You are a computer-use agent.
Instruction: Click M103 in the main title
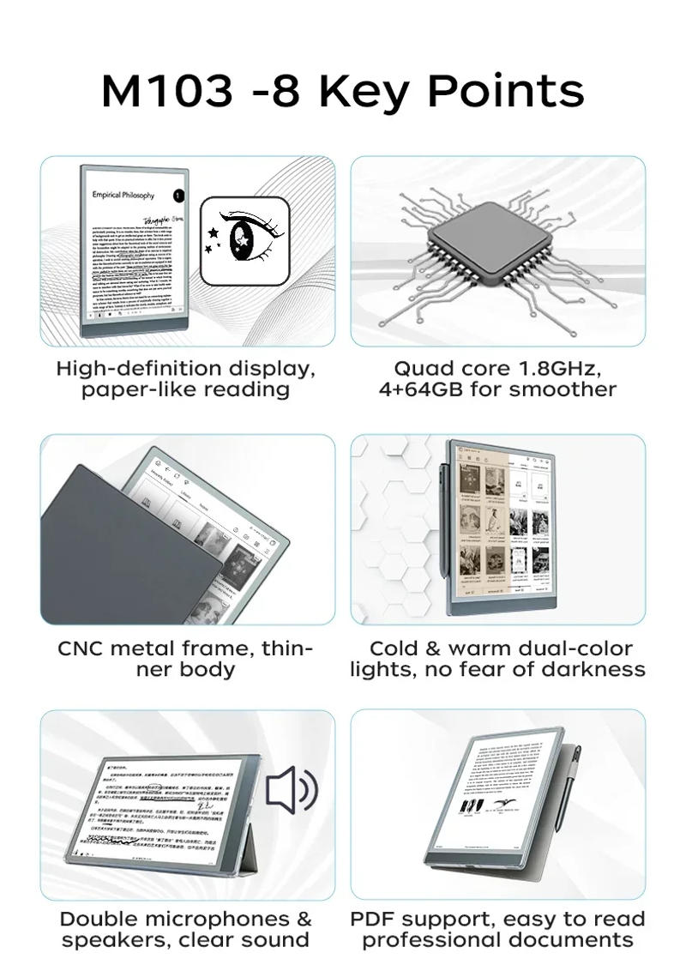(167, 91)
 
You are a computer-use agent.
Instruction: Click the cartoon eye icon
(244, 241)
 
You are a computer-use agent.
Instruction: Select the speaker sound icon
(291, 790)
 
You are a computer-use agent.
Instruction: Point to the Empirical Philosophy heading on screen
(123, 196)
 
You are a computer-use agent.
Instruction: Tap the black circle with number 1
(178, 196)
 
